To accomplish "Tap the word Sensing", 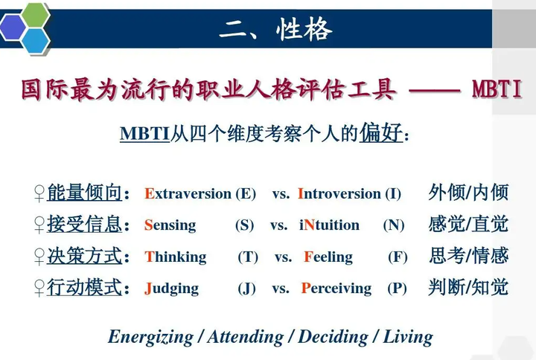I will [170, 225].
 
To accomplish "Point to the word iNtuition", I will [330, 225].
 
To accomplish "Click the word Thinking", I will [176, 257].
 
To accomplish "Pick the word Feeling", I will [328, 257].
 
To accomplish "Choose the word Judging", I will [172, 289].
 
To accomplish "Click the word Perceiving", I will [336, 289].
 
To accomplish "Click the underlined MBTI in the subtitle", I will [144, 134].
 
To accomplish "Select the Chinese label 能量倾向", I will [84, 193].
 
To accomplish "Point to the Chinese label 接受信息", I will [84, 225].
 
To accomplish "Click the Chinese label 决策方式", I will [84, 257].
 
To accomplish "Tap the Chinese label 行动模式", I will [84, 288].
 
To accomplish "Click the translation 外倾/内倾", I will [469, 193].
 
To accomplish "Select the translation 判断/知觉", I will [469, 287].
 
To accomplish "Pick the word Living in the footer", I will [408, 336].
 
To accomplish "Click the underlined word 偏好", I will [381, 133].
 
